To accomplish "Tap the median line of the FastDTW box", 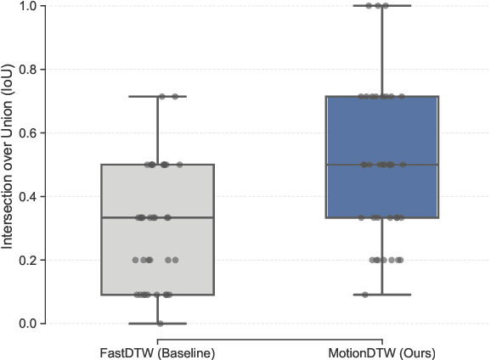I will [158, 217].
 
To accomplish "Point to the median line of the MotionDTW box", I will [382, 165].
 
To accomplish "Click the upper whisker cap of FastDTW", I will [158, 97].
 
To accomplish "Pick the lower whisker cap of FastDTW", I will [158, 323].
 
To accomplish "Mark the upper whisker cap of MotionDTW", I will [382, 6].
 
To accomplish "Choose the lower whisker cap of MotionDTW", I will [382, 295].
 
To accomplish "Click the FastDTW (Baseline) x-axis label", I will [158, 352].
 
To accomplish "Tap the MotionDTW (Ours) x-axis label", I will [382, 352].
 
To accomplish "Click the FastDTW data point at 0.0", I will [160, 323].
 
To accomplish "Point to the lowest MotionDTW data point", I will [366, 295].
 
